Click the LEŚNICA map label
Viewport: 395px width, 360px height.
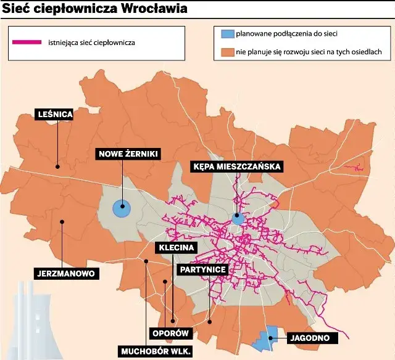click(55, 114)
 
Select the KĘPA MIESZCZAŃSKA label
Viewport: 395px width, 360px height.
click(237, 166)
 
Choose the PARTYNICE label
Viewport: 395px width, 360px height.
click(203, 269)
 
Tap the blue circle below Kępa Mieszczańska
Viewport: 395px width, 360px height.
click(238, 218)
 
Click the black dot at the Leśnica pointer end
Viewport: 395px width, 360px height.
click(57, 165)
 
